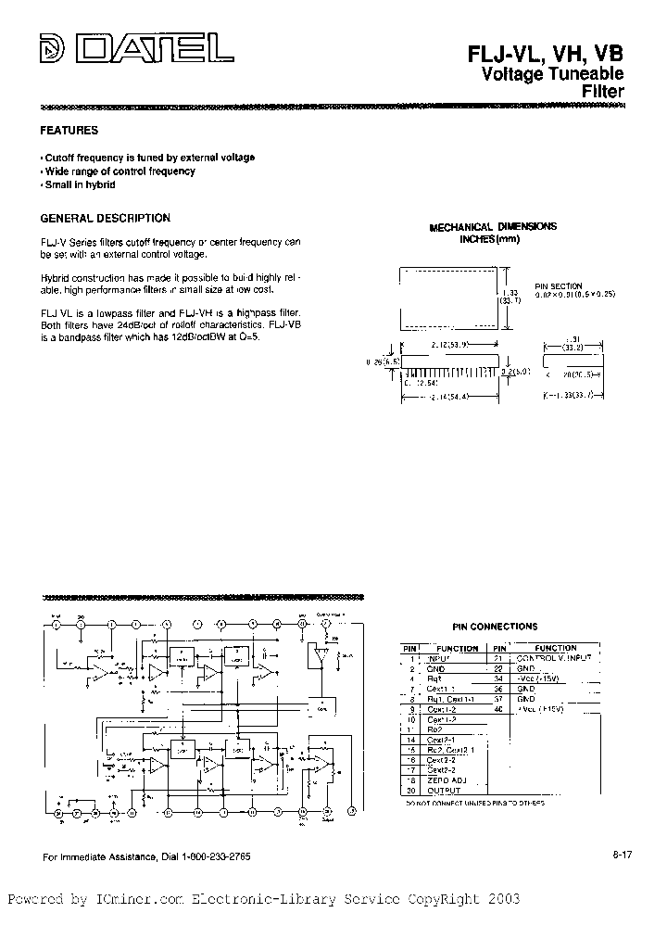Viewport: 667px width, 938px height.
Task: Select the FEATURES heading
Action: (69, 131)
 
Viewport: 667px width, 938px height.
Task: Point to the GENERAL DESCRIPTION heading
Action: (106, 218)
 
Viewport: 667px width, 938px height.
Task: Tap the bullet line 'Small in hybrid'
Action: (80, 185)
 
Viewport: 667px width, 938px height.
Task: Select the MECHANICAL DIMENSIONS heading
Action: (493, 226)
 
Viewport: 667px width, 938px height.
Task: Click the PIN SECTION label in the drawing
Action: (558, 285)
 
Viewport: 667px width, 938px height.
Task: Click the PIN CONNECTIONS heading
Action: (495, 627)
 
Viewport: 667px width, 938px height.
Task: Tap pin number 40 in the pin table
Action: (498, 709)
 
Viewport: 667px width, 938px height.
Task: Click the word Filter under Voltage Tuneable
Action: (602, 92)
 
